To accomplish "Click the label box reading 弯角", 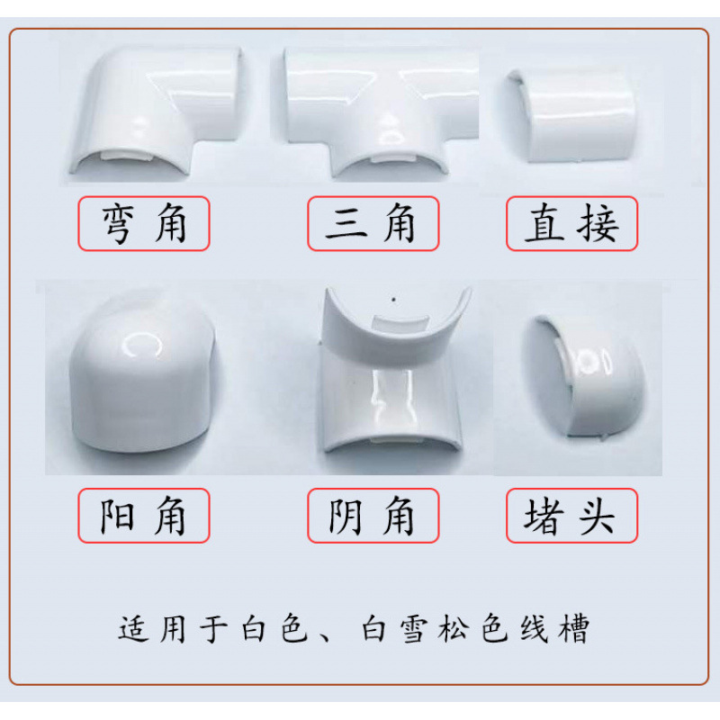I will click(x=144, y=223).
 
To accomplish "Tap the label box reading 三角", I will click(x=373, y=223).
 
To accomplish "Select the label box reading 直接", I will click(x=571, y=223).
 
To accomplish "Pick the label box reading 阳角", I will click(x=144, y=516).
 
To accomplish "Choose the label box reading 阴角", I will click(x=373, y=516).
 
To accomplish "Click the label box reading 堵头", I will click(x=571, y=516).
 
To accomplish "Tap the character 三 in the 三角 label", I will click(x=346, y=223).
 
